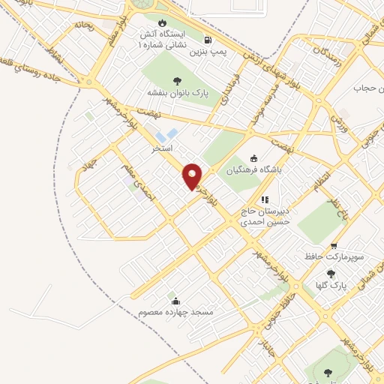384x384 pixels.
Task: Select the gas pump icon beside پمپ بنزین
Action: point(206,40)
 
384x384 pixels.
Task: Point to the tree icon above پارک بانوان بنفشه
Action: point(177,81)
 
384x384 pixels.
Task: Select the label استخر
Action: point(163,149)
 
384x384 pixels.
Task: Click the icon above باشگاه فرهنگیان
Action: point(253,157)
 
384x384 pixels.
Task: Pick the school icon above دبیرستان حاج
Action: point(263,199)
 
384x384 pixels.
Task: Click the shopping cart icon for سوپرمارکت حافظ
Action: point(334,245)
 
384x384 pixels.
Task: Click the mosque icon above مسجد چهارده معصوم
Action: point(175,300)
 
